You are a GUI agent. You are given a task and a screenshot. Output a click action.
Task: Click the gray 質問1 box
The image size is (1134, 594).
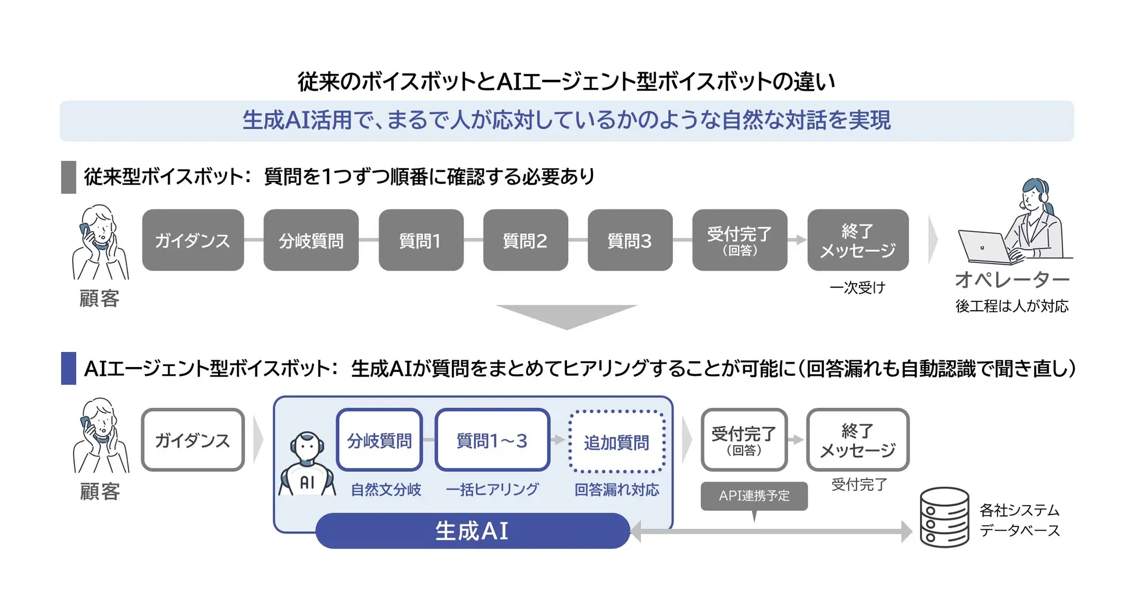pyautogui.click(x=420, y=240)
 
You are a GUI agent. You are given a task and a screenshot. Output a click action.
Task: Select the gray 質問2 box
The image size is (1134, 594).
pyautogui.click(x=525, y=240)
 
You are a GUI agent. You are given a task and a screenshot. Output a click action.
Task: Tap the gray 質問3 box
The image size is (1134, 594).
pyautogui.click(x=630, y=240)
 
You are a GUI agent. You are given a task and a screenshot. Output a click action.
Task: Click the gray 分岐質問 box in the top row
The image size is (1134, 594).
pyautogui.click(x=311, y=240)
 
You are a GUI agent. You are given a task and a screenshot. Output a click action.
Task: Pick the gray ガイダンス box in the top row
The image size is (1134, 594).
pyautogui.click(x=192, y=240)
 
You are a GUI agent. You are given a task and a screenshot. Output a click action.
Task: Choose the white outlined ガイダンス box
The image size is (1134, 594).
pyautogui.click(x=192, y=440)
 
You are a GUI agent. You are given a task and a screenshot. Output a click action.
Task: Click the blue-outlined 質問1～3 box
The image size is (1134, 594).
pyautogui.click(x=492, y=440)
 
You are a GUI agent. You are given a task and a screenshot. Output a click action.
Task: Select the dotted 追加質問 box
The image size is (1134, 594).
pyautogui.click(x=616, y=442)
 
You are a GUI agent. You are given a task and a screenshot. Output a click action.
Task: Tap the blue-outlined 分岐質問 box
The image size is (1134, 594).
pyautogui.click(x=379, y=440)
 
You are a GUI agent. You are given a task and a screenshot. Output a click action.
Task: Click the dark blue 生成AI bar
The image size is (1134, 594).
pyautogui.click(x=472, y=531)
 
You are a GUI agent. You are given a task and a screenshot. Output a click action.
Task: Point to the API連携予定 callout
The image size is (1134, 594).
pyautogui.click(x=754, y=496)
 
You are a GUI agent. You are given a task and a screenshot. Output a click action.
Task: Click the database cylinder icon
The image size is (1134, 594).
pyautogui.click(x=944, y=517)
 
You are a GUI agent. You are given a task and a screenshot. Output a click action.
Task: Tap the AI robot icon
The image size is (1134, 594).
pyautogui.click(x=307, y=464)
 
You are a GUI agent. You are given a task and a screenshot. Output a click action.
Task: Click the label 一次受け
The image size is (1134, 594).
pyautogui.click(x=857, y=287)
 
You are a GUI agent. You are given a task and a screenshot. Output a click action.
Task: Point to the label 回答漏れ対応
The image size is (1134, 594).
pyautogui.click(x=616, y=490)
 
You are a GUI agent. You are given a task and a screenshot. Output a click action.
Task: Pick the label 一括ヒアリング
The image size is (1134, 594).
pyautogui.click(x=492, y=490)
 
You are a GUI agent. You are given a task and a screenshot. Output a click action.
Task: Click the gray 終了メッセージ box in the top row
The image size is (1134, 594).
pyautogui.click(x=858, y=240)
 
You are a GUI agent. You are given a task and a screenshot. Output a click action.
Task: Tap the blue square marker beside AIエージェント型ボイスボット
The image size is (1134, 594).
pyautogui.click(x=69, y=368)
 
